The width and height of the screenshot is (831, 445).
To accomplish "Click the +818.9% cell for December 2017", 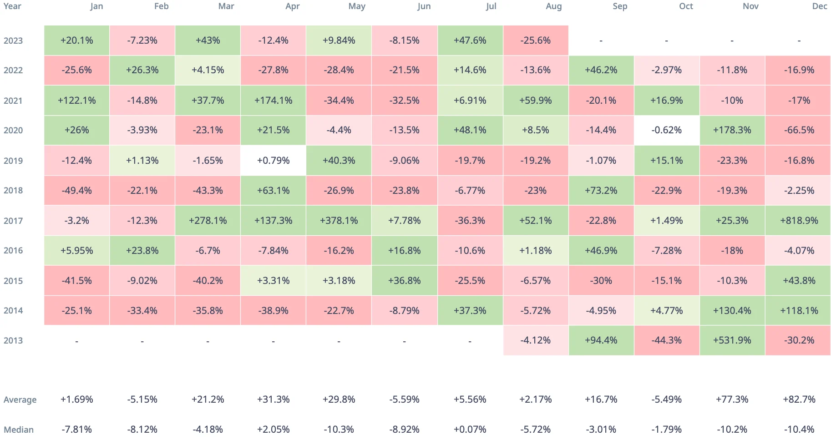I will [799, 221].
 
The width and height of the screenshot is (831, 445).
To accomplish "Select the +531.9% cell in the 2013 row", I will [732, 340].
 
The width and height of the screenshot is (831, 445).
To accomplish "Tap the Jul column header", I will [491, 6].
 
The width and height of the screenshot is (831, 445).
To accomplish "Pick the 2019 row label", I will [13, 161].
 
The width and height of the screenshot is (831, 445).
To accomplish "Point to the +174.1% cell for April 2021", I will [273, 101].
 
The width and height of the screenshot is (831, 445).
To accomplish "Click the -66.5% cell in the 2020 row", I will [799, 130].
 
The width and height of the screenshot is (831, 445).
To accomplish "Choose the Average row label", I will [20, 400].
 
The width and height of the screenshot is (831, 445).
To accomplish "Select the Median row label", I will [19, 430].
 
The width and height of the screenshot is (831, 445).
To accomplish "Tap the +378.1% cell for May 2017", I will [339, 221].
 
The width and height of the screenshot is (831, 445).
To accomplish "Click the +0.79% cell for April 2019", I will [273, 161].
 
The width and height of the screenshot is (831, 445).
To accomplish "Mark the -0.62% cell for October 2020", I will [666, 130].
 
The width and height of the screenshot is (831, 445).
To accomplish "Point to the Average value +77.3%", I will [732, 399].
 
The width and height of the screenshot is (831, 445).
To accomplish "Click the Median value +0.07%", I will [470, 430].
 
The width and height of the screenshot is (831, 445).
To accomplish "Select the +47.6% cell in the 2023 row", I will [470, 40].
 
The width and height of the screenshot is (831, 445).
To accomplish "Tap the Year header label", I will [12, 6].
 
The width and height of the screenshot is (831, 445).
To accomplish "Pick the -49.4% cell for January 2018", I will [76, 191].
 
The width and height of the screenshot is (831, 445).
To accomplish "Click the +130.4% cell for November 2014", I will [732, 311].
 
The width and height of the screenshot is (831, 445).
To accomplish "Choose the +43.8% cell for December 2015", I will [799, 281].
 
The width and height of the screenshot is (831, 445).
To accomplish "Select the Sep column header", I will [619, 6].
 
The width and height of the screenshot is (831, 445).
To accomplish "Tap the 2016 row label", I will [13, 251].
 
